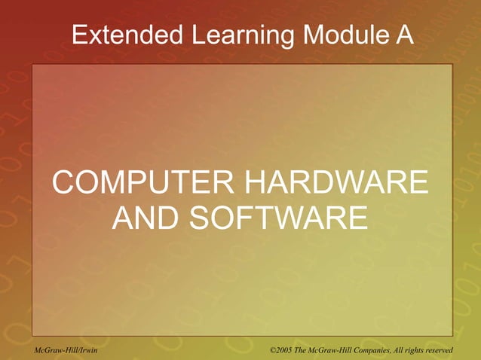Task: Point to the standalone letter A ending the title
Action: pyautogui.click(x=405, y=34)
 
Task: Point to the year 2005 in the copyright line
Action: pyautogui.click(x=289, y=351)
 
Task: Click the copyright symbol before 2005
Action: pyautogui.click(x=274, y=351)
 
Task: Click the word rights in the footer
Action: pyautogui.click(x=430, y=351)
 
